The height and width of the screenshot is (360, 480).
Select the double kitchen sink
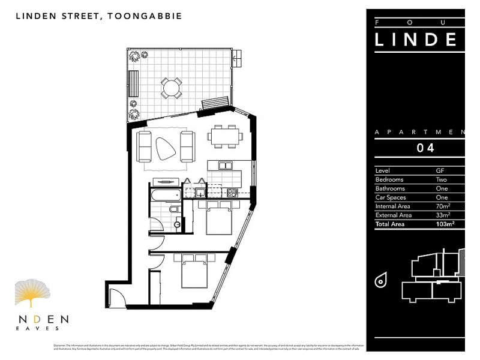(x=225, y=166)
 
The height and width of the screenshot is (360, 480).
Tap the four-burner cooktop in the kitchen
(x=232, y=193)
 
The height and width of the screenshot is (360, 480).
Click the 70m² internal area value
(x=443, y=206)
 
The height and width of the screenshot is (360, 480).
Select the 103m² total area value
(x=445, y=224)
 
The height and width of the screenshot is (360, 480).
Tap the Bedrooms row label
(x=389, y=179)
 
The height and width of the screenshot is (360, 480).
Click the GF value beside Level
(x=440, y=170)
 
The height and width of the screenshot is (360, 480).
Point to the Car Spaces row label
(x=390, y=197)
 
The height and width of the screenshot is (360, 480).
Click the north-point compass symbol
(x=380, y=280)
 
